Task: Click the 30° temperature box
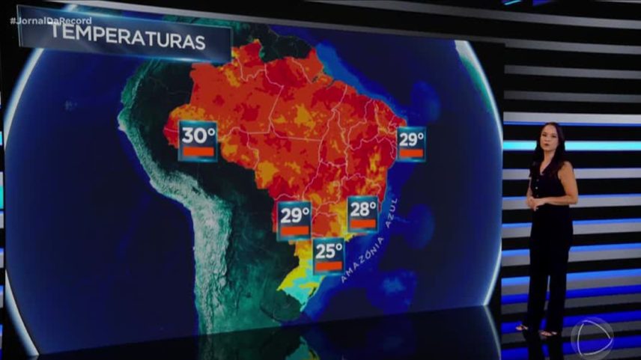tap(198, 141)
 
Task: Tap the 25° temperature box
tap(329, 255)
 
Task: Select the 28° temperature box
tap(363, 213)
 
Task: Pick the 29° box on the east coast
tap(411, 144)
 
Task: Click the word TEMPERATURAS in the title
tap(129, 40)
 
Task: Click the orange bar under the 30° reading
tap(198, 152)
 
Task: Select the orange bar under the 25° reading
tap(329, 266)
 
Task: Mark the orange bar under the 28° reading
tap(363, 223)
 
